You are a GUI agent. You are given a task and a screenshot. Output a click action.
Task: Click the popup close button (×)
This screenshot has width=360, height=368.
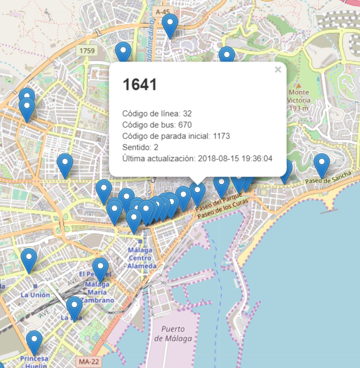tap(278, 70)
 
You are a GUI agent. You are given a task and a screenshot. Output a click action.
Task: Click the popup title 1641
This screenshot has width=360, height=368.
tap(140, 85)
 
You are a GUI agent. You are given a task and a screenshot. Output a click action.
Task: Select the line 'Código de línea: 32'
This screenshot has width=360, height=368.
tap(157, 113)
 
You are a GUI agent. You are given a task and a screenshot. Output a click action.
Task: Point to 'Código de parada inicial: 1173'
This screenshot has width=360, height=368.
tap(176, 136)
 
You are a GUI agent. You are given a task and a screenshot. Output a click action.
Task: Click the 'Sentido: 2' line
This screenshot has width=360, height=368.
tap(141, 147)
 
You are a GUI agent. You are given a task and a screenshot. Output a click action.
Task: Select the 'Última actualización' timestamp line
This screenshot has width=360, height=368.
tap(197, 158)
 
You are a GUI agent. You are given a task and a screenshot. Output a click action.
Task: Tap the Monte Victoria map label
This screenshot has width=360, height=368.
tap(298, 99)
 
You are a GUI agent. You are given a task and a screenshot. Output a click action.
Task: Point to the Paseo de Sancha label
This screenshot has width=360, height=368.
tap(328, 179)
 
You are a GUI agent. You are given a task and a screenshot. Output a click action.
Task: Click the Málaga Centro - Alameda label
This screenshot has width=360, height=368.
tap(141, 258)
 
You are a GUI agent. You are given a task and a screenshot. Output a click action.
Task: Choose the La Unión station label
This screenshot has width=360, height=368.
tap(35, 295)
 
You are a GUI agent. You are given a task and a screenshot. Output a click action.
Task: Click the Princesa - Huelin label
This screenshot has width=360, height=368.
tap(34, 362)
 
